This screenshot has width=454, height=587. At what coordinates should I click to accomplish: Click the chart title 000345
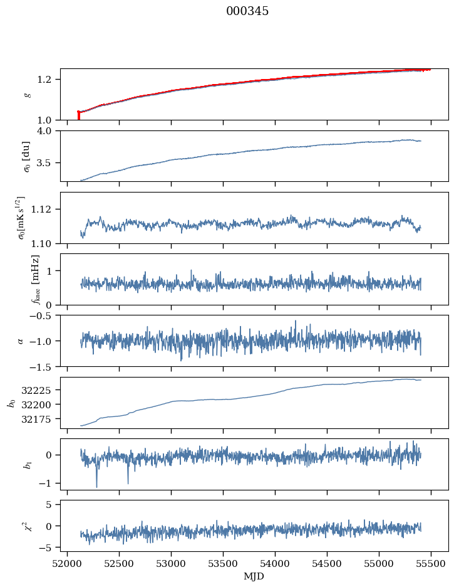pos(247,11)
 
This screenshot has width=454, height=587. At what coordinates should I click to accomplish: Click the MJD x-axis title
pos(254,576)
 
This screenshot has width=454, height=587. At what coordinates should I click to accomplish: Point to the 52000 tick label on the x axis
pos(67,562)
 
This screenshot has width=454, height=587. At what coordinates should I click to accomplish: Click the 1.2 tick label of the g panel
pos(49,80)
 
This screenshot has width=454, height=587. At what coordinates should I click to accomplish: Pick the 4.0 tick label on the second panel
pos(49,130)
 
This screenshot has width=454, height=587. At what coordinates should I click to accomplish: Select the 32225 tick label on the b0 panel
pos(43,389)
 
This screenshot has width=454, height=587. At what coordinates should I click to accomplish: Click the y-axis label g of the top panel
pos(27,94)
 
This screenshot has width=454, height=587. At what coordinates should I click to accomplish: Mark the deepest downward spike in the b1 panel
pos(96,486)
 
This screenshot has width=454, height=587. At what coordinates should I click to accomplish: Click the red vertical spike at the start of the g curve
pos(78,115)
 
